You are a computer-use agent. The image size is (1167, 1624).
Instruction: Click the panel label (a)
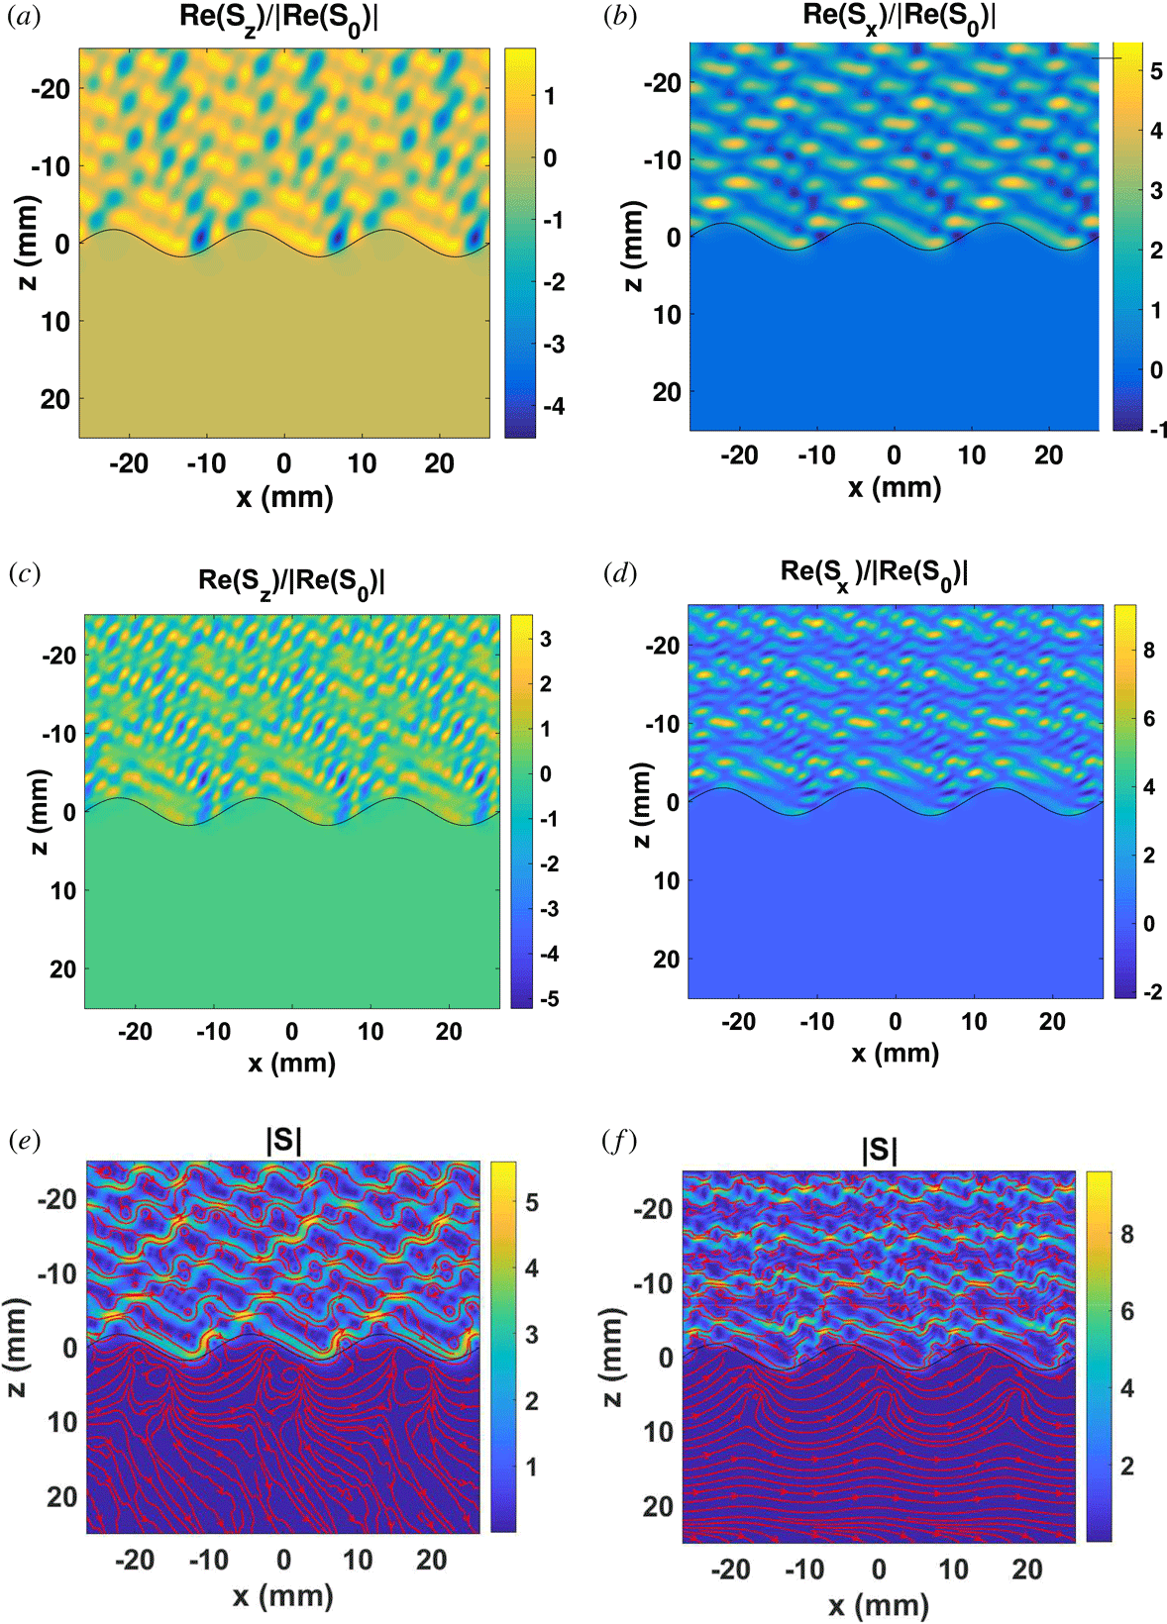(24, 17)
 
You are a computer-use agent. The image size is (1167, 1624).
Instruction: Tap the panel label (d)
(619, 573)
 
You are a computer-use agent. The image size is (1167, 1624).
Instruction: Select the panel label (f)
(619, 1141)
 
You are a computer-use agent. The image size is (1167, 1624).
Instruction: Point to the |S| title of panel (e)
(283, 1140)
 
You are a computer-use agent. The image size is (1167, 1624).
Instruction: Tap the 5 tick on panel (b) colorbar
(1156, 71)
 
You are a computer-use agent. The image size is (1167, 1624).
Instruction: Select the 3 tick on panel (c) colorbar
(546, 639)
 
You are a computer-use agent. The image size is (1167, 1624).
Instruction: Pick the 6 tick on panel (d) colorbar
(1149, 718)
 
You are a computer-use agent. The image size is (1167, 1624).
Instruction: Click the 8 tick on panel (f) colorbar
(1127, 1234)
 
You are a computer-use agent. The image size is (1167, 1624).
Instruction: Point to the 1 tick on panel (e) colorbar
(531, 1467)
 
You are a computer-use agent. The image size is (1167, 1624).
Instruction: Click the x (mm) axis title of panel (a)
(284, 497)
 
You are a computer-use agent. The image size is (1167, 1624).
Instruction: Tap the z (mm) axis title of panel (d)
(642, 804)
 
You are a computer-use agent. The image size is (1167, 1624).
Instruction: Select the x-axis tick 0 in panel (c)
(291, 1032)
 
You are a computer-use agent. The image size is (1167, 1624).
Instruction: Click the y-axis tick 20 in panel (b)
(666, 392)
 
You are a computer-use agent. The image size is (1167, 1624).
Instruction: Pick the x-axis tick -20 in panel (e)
(135, 1560)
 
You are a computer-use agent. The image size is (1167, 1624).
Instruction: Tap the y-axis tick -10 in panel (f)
(653, 1283)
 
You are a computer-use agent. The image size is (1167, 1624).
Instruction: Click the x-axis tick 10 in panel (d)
(974, 1022)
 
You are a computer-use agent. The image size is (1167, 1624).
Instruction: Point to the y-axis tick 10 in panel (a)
(55, 322)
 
